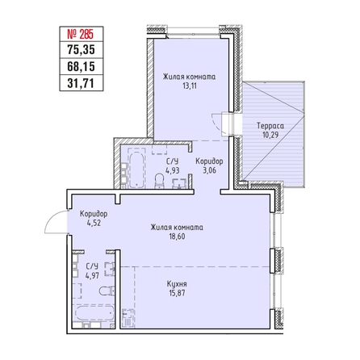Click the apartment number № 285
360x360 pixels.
tap(80, 34)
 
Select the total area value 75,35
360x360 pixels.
tap(81, 50)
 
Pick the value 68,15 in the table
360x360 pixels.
tap(81, 66)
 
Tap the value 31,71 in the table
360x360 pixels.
tap(81, 83)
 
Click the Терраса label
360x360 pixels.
tap(270, 126)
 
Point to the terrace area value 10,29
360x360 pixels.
tap(270, 135)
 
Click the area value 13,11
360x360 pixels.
tap(190, 86)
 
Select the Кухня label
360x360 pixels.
tap(177, 284)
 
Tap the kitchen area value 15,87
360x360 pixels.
tap(177, 293)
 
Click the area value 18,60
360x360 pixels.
tap(177, 237)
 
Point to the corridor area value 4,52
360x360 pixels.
tap(94, 223)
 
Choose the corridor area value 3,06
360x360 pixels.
tap(209, 170)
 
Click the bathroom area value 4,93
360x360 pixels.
tap(173, 170)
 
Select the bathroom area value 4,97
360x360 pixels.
tap(92, 275)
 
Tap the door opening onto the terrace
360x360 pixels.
tap(225, 124)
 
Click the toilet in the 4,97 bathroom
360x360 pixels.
tap(107, 291)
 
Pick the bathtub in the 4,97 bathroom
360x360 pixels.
tap(94, 313)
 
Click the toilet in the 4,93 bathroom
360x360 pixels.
tap(160, 180)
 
